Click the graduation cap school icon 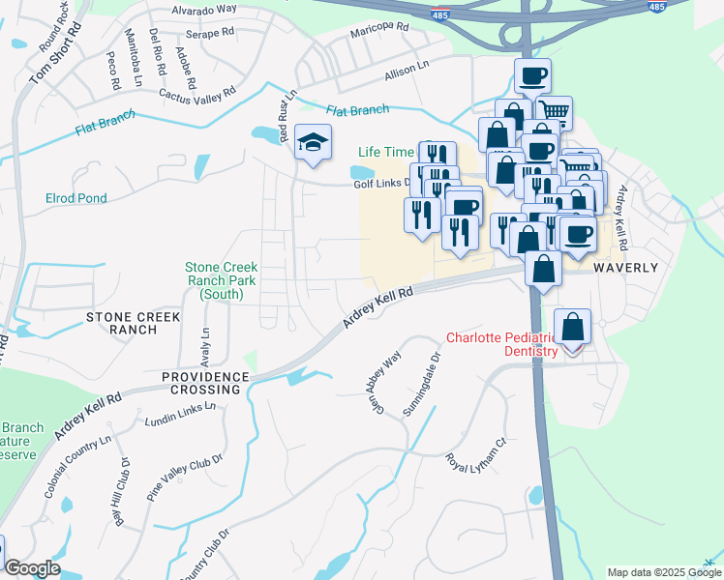pos(313,143)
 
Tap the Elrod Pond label pos(76,198)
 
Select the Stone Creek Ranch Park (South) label pos(222,280)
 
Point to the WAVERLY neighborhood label pos(625,268)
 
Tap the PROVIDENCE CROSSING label pos(200,383)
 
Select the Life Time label pos(386,152)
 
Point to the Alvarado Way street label pos(204,9)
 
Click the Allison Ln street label pos(406,70)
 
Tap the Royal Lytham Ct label pos(476,450)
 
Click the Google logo pos(32,568)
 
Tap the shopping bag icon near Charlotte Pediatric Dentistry pos(573,328)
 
